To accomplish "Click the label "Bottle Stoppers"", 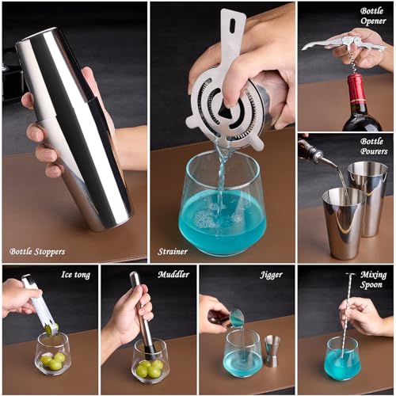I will [x=37, y=252].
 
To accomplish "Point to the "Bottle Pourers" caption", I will [x=371, y=147].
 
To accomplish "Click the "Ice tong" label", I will [x=75, y=275].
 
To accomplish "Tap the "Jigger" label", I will [x=271, y=275].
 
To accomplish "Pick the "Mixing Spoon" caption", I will [x=373, y=280].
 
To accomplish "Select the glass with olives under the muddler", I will [x=150, y=360].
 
